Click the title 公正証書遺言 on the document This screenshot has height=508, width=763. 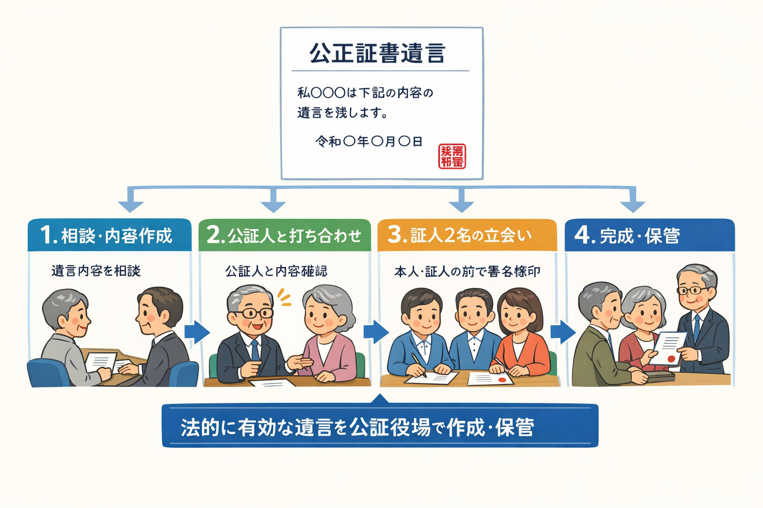[x=378, y=53]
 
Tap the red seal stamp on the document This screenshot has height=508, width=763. [x=452, y=156]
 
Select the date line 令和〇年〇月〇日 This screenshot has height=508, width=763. [x=369, y=142]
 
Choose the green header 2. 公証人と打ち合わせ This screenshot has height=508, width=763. [x=285, y=235]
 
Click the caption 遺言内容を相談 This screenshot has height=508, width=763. [x=96, y=271]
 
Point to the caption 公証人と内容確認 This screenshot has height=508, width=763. [x=276, y=271]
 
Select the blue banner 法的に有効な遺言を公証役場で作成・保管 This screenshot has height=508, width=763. [x=380, y=427]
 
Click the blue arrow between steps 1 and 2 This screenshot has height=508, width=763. [x=197, y=332]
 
